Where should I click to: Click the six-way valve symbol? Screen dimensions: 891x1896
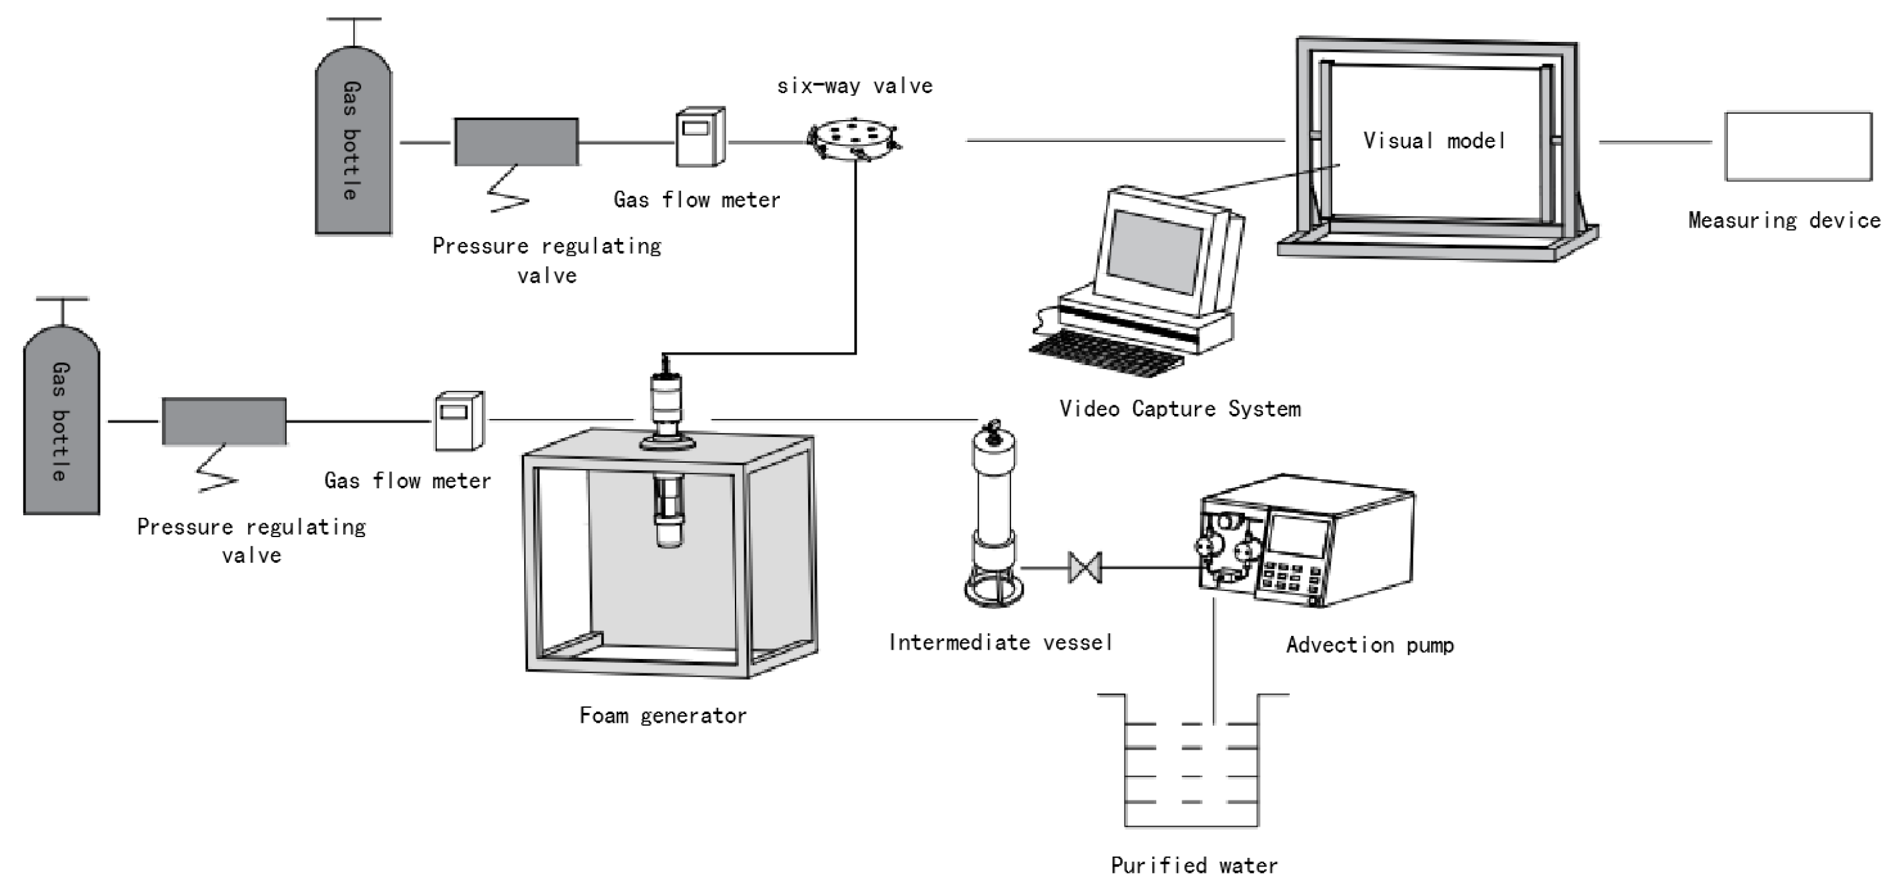[x=854, y=138]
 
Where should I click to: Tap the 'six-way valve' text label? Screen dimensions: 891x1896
[x=854, y=86]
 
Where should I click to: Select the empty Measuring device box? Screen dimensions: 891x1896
[x=1797, y=146]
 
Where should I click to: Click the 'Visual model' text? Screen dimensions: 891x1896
[x=1434, y=141]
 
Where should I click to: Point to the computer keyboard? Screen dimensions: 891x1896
[x=1104, y=353]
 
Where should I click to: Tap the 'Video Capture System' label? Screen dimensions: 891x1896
[x=1180, y=410]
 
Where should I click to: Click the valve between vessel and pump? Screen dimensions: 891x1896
[x=1085, y=568]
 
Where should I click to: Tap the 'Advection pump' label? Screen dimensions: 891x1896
[x=1370, y=645]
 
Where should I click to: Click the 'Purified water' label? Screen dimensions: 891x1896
[x=1194, y=865]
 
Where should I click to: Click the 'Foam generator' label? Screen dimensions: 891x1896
[x=662, y=716]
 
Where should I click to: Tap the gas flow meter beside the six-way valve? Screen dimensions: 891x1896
[x=700, y=137]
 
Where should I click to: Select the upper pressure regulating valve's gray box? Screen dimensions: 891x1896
[x=516, y=141]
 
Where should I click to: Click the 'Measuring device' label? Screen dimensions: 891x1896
[x=1784, y=220]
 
